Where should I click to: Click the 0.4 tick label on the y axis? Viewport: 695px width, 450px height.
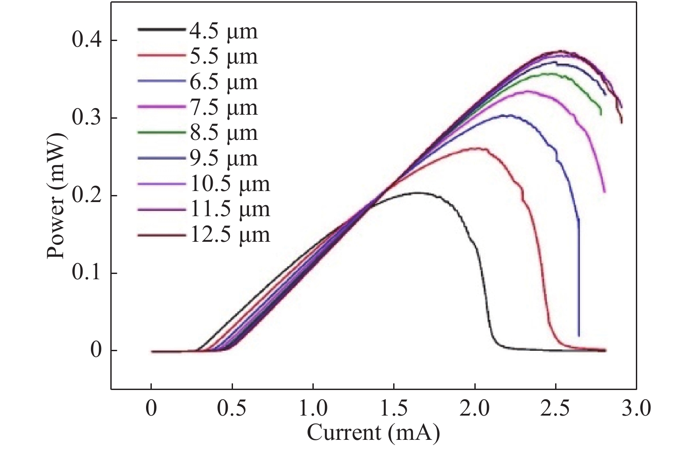(87, 41)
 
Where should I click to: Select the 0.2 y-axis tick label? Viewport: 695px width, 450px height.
(87, 196)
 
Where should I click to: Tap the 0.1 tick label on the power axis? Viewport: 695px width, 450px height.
(87, 274)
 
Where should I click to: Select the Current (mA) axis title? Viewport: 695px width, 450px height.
(373, 433)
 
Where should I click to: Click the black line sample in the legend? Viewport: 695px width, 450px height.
(161, 30)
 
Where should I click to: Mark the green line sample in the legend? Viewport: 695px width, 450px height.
(161, 131)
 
